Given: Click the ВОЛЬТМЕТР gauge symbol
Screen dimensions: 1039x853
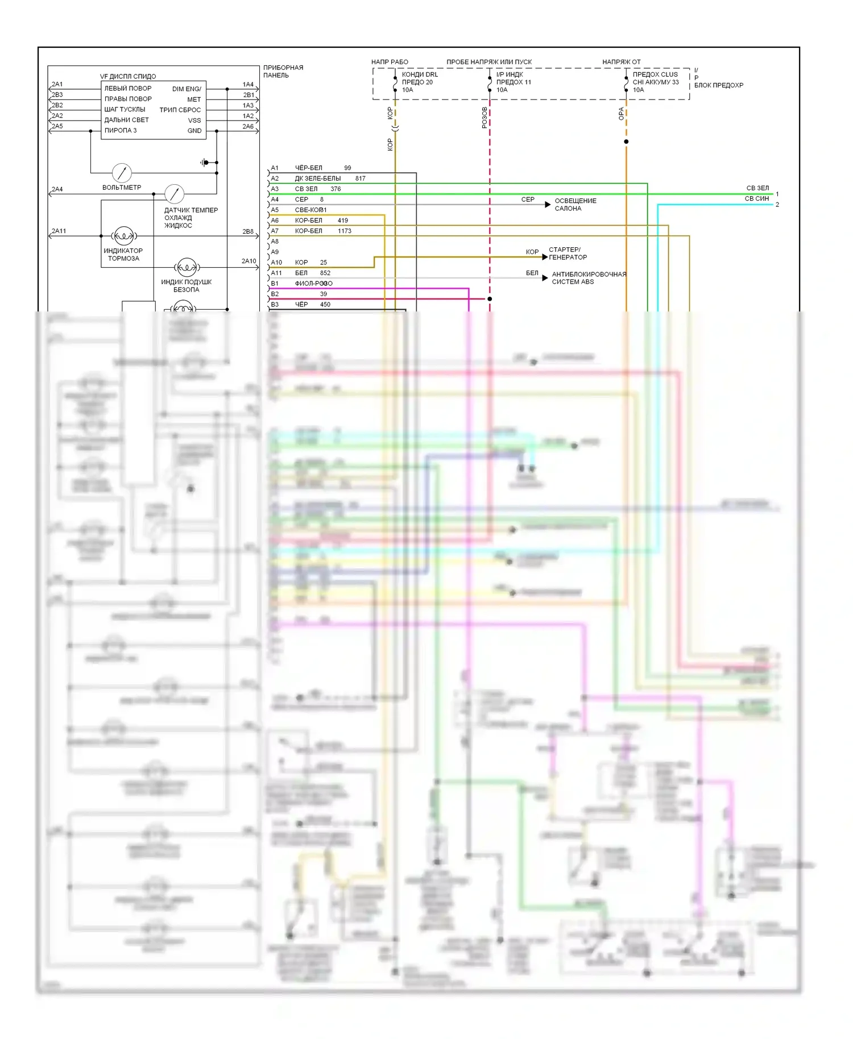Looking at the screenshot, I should coord(122,172).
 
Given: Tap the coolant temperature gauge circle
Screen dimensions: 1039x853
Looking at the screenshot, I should coord(174,194).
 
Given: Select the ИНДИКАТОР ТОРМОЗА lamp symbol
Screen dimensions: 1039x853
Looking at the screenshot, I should coord(124,235).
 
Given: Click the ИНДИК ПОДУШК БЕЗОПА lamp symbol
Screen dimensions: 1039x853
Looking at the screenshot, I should coord(187,267).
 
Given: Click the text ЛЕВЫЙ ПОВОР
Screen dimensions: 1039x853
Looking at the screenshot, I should coord(128,89).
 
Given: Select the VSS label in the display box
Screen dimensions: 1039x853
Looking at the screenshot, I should coord(194,120).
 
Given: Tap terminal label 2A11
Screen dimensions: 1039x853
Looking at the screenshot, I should coord(59,231).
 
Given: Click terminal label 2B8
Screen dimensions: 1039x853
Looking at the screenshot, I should coord(248,232).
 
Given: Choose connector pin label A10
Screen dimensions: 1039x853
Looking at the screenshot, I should coord(276,263).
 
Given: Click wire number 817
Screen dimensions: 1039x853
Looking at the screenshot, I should coord(361,178).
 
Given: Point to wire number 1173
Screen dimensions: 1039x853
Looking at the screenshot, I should coord(345,231).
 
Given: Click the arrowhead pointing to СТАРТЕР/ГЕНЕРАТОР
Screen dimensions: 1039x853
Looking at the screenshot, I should coord(545,257).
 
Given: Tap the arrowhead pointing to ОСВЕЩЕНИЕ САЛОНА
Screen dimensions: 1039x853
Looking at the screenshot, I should coord(548,204).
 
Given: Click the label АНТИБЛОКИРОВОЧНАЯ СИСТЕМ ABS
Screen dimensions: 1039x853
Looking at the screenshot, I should coord(589,278).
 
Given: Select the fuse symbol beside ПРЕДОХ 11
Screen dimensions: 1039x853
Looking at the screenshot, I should coord(490,82).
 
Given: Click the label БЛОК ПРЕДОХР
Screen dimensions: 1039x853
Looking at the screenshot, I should coord(718,85).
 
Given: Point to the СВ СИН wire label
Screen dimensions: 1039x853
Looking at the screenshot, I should coord(756,199).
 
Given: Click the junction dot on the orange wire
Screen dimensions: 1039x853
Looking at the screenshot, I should coord(626,142).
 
